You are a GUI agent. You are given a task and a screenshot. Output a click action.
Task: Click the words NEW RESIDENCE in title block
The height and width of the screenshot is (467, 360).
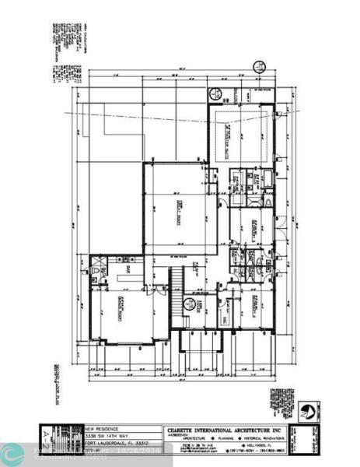[101, 427]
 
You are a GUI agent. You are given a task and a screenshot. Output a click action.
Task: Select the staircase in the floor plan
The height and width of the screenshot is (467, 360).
[177, 285]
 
